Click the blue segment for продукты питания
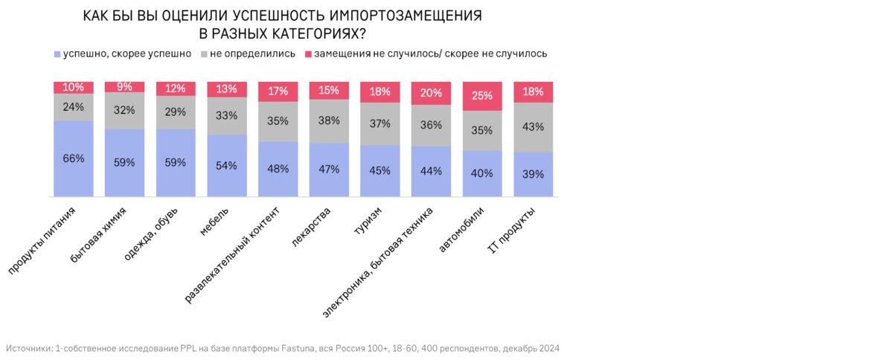pyautogui.click(x=74, y=158)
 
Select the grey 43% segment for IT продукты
pyautogui.click(x=533, y=127)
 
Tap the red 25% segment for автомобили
pyautogui.click(x=482, y=96)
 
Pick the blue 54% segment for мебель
pyautogui.click(x=227, y=165)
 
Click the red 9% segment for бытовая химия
pyautogui.click(x=124, y=87)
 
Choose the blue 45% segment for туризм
pyautogui.click(x=380, y=170)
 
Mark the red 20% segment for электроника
pyautogui.click(x=431, y=93)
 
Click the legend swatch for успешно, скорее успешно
pyautogui.click(x=57, y=54)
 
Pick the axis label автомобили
pyautogui.click(x=463, y=231)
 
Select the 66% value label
pyautogui.click(x=74, y=158)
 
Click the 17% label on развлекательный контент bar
pyautogui.click(x=278, y=91)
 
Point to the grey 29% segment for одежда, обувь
pyautogui.click(x=176, y=112)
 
